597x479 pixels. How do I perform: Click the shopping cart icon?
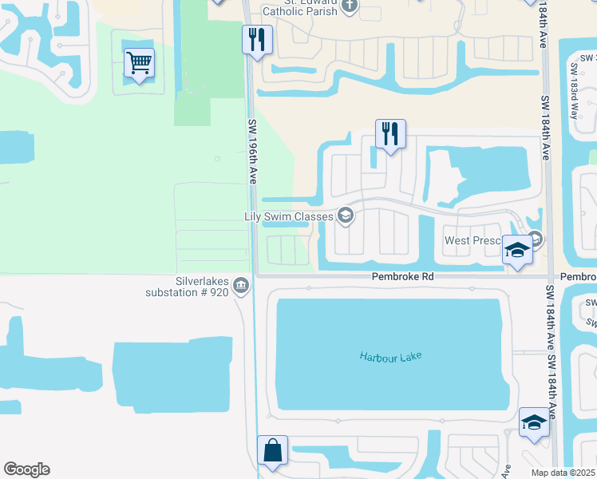[x=139, y=63]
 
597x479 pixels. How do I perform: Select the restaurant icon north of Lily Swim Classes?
[x=390, y=133]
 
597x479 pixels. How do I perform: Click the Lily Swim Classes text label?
[x=288, y=216]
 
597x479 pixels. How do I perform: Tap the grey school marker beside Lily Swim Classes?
[x=346, y=215]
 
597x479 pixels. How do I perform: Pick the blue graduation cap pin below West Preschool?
[x=517, y=251]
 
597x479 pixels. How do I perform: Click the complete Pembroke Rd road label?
[x=402, y=275]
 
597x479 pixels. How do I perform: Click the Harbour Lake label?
[x=389, y=356]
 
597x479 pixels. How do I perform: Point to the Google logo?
[x=26, y=469]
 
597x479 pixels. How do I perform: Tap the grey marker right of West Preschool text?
[x=536, y=238]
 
